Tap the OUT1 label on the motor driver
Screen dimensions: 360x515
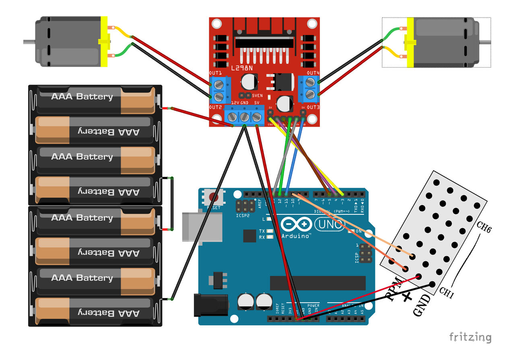[x=215, y=73]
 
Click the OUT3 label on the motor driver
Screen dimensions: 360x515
[x=313, y=107]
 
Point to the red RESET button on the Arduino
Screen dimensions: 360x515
[x=213, y=197]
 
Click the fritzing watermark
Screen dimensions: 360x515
[x=470, y=337]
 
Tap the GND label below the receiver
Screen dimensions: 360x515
[x=422, y=305]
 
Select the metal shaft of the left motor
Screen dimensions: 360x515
[x=29, y=41]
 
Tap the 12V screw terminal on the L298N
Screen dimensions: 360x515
[x=232, y=117]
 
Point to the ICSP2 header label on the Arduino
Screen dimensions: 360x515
[x=243, y=216]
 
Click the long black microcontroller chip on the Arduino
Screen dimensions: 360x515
[x=317, y=283]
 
